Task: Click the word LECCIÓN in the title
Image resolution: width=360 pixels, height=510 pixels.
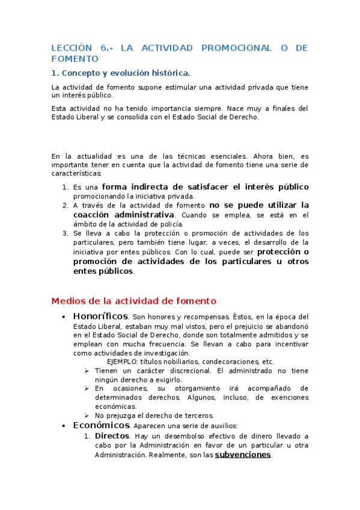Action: point(72,48)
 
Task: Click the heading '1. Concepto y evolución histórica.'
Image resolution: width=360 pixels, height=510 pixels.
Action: point(121,73)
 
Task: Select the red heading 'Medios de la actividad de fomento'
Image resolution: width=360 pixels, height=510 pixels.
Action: point(133,301)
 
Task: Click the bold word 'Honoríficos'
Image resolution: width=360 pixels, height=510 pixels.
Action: point(100,316)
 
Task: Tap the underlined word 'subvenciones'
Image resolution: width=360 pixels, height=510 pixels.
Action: point(243,455)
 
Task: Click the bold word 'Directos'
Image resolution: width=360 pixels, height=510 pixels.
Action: point(112,435)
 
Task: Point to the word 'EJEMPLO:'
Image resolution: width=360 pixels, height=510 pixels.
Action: point(122,362)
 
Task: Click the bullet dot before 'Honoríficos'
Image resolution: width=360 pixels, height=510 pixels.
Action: point(64,317)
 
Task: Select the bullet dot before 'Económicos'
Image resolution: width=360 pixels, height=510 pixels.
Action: point(64,426)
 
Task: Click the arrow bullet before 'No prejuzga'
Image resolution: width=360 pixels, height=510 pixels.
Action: point(87,416)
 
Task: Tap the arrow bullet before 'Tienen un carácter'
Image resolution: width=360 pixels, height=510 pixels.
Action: point(87,371)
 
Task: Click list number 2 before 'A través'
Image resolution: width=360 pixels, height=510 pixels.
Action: point(66,205)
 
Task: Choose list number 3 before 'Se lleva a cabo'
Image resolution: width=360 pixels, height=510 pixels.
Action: point(66,233)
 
